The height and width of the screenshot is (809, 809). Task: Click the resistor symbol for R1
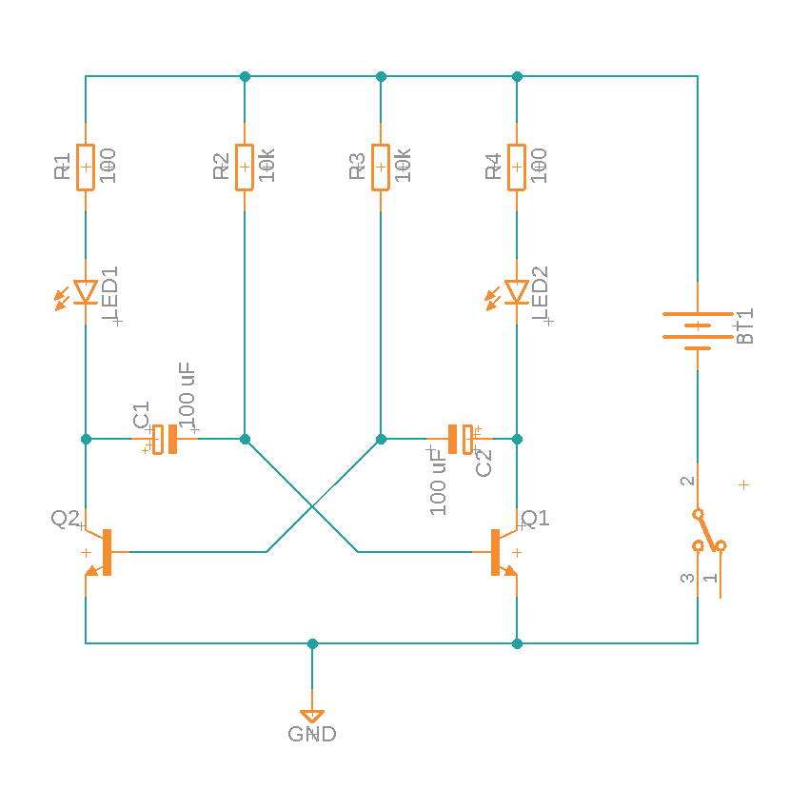pos(86,168)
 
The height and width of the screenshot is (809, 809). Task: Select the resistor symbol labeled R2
pos(245,168)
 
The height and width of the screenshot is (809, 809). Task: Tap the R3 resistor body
pos(381,168)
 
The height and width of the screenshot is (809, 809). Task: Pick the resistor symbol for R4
pos(517,168)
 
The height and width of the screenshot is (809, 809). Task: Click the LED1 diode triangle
pos(86,292)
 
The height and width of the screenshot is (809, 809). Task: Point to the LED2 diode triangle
pos(517,292)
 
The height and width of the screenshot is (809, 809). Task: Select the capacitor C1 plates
pos(166,439)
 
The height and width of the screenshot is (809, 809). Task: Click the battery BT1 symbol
pos(698,330)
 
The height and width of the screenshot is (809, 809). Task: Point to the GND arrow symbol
pos(312,715)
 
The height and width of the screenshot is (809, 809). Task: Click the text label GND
pos(312,735)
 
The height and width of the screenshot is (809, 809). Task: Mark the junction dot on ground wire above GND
pos(312,643)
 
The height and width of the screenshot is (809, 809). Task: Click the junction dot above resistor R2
pos(245,76)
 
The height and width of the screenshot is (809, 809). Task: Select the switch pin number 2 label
pos(687,482)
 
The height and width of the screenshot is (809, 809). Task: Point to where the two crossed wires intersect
pos(312,506)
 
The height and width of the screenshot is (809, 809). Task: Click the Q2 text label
pos(65,519)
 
